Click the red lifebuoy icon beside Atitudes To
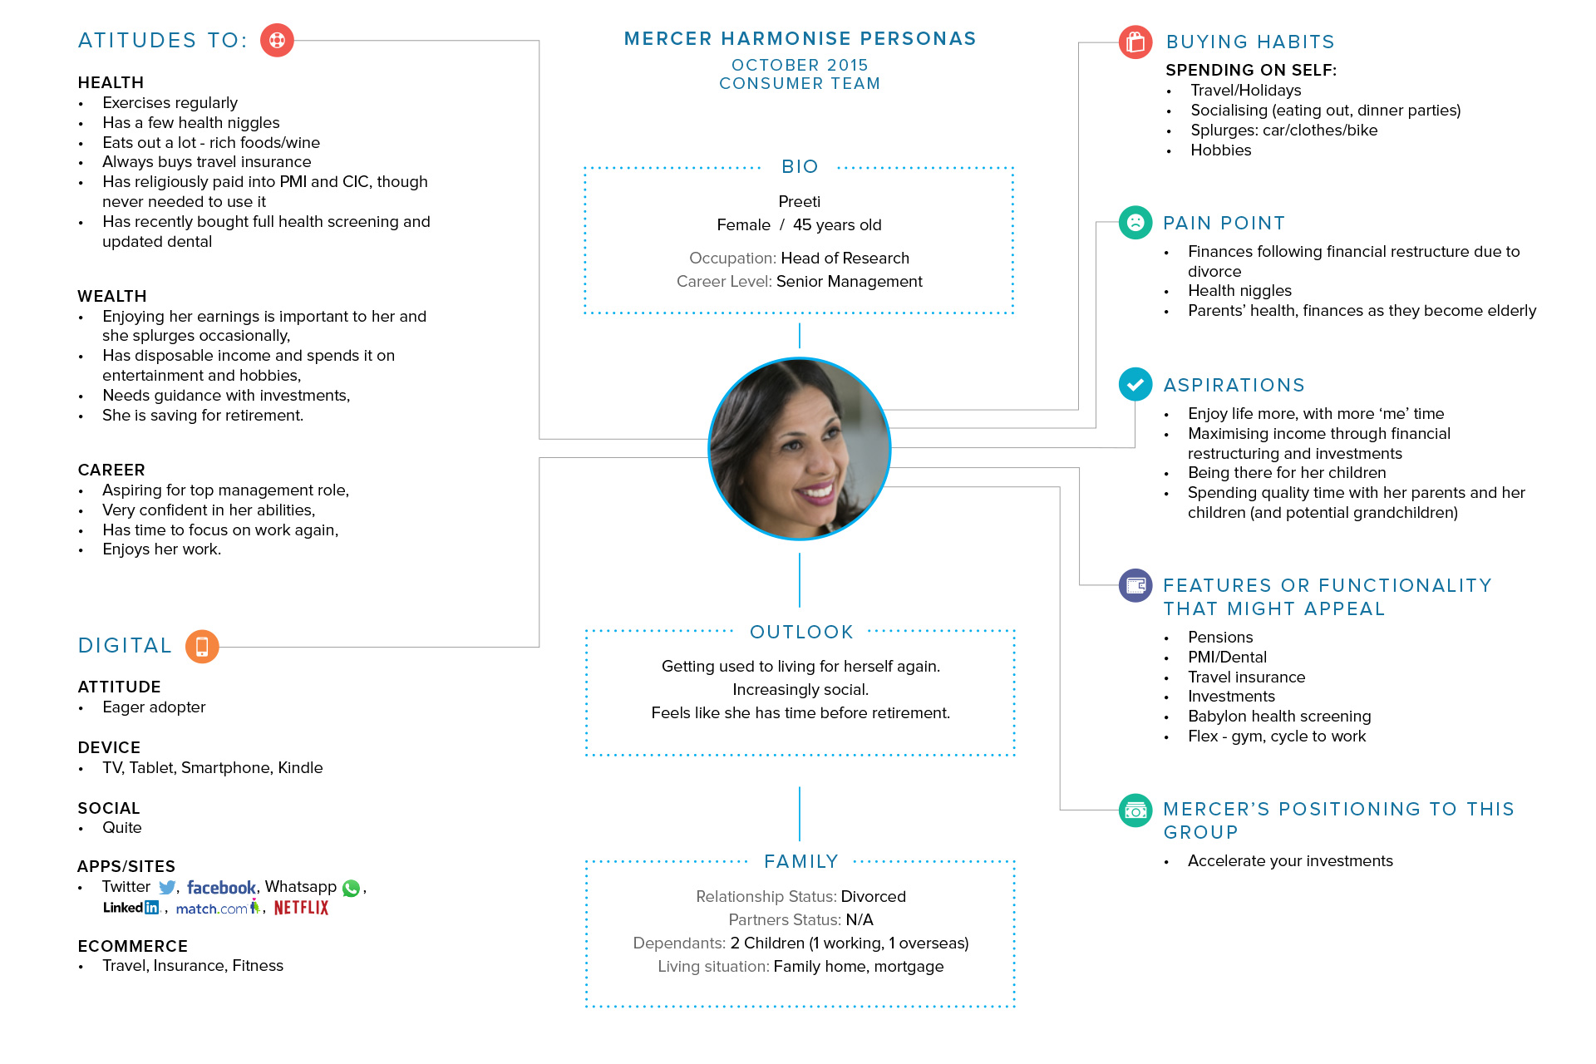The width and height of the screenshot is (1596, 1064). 277,40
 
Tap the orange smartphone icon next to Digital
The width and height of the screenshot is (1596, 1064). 202,647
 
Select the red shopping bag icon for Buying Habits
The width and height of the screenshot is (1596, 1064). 1135,42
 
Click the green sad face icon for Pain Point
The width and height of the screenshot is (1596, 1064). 1135,222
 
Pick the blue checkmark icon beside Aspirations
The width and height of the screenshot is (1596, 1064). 1135,384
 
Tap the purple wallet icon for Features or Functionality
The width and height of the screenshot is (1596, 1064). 1135,586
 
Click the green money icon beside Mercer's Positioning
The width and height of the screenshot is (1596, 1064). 1135,810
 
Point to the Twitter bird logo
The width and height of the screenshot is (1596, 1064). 167,888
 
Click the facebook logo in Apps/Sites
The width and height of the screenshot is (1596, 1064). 221,888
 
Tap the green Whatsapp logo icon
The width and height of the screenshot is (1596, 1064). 352,889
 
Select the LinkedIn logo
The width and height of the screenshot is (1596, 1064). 131,908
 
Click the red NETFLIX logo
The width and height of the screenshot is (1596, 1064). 301,908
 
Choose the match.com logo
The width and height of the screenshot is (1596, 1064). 218,908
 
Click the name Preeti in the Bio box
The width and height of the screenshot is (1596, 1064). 800,201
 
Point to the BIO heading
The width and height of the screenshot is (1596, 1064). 800,166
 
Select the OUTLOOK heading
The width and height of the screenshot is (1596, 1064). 801,632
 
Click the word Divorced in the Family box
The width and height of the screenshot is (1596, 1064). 874,896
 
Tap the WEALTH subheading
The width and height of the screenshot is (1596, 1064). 112,296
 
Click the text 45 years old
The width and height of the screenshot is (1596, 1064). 837,224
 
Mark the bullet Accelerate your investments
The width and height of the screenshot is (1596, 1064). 1290,861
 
